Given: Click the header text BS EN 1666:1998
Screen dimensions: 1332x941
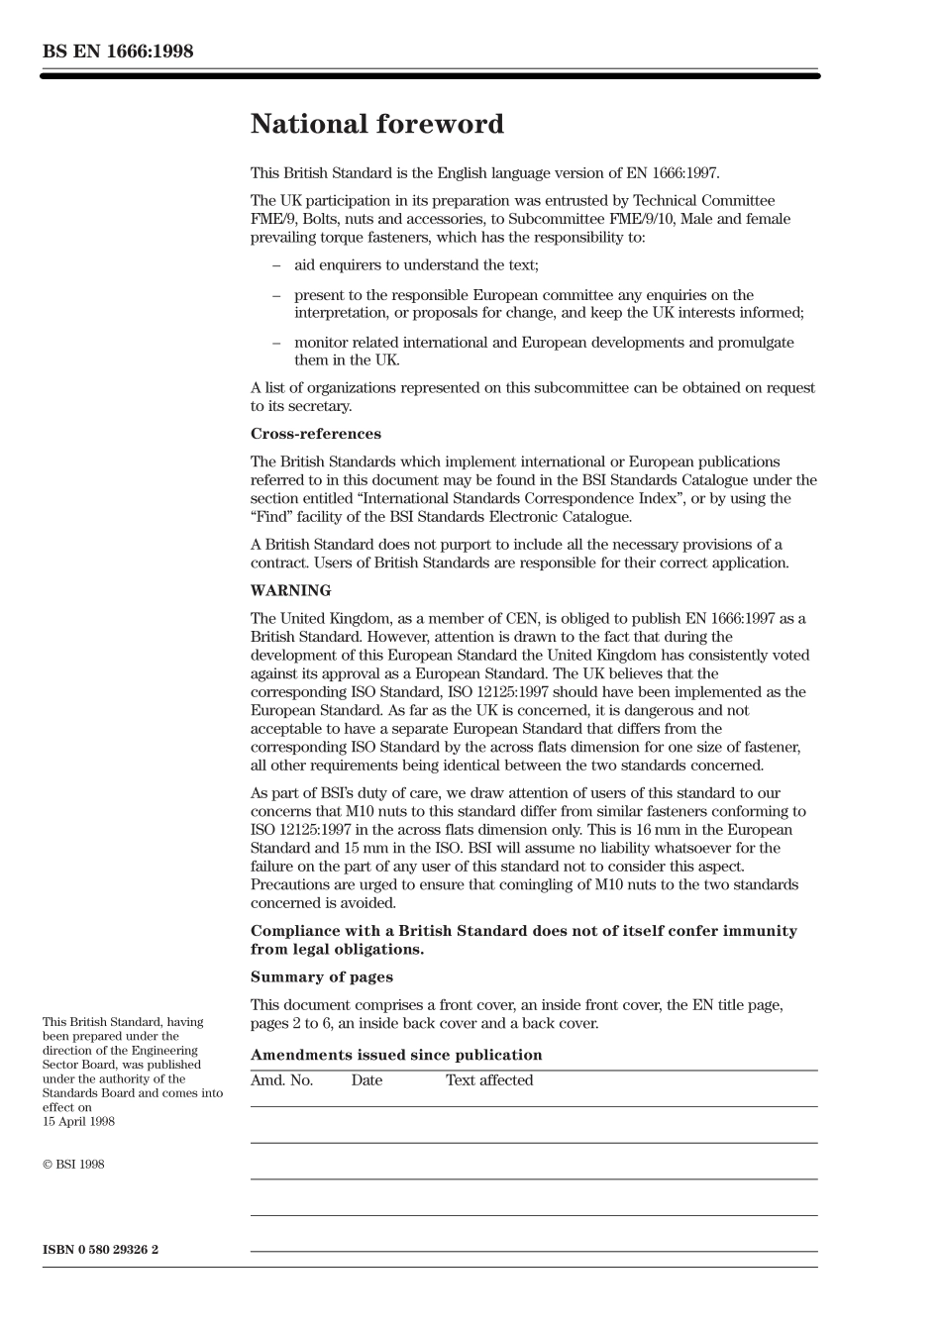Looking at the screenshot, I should (x=118, y=51).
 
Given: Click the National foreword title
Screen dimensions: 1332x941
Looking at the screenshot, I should (x=376, y=125).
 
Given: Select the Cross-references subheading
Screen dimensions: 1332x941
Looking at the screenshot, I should (x=315, y=434).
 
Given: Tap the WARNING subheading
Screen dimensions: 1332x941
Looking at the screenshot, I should (x=290, y=591).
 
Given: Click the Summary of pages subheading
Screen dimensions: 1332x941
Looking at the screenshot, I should (x=321, y=977).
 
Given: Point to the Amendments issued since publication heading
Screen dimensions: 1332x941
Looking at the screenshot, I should (x=396, y=1055).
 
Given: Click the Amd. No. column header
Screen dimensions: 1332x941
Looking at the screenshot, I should (x=281, y=1080).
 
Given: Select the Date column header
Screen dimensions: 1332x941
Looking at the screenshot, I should (x=366, y=1080).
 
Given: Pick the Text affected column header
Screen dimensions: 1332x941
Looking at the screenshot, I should (x=489, y=1080).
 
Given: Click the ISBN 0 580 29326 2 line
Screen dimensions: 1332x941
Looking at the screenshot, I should (x=100, y=1250).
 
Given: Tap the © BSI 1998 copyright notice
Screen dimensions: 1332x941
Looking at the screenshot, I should (x=73, y=1165).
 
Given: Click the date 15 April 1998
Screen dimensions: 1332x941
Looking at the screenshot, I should (x=78, y=1122).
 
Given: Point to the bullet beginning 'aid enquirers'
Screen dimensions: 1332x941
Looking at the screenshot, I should (x=416, y=265).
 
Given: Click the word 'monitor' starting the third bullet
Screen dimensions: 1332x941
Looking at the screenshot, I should (x=321, y=343).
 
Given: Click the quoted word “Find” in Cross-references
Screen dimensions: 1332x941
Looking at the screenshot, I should (x=271, y=517).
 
